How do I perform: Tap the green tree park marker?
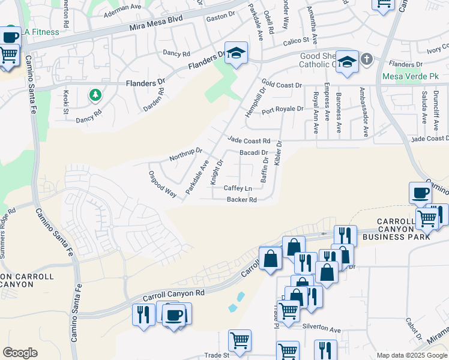pos(94,94)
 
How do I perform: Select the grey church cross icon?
pos(366,59)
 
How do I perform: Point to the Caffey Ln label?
pos(238,188)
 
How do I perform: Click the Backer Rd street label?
pos(241,200)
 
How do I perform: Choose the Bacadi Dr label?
pos(253,153)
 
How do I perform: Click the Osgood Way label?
pos(162,184)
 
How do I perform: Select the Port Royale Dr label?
pos(282,109)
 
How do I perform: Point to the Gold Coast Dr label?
pos(281,85)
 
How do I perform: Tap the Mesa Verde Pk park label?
pos(407,77)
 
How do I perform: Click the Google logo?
pos(20,353)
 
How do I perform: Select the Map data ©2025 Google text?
pos(412,355)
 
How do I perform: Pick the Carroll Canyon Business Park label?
pos(403,229)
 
